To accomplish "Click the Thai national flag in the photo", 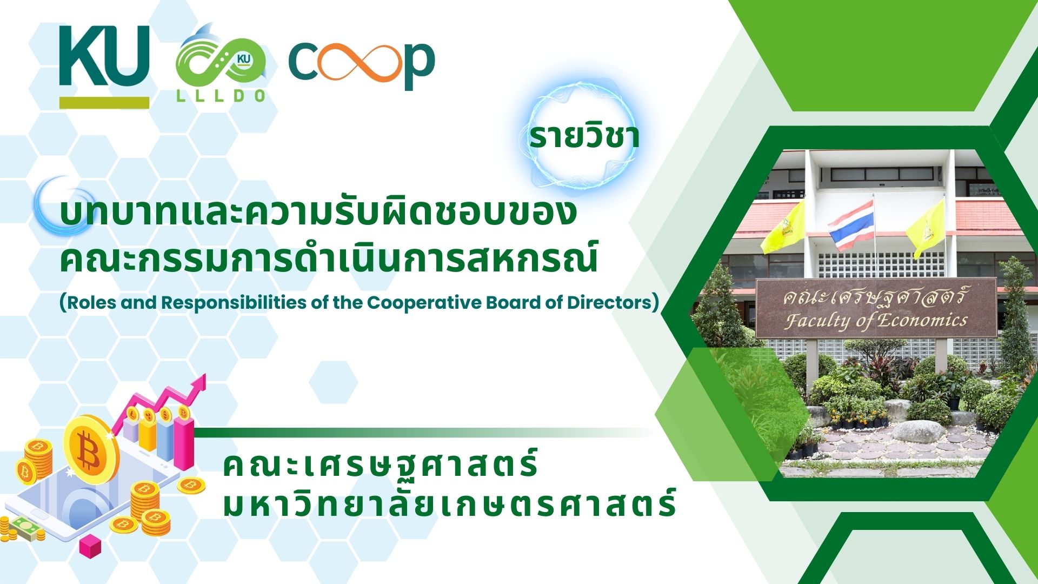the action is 851,225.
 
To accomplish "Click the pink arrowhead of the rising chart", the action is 198,383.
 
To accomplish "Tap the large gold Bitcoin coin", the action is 90,448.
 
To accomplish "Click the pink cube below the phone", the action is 90,547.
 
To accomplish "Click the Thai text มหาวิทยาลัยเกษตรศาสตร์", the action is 449,503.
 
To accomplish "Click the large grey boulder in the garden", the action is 918,432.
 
